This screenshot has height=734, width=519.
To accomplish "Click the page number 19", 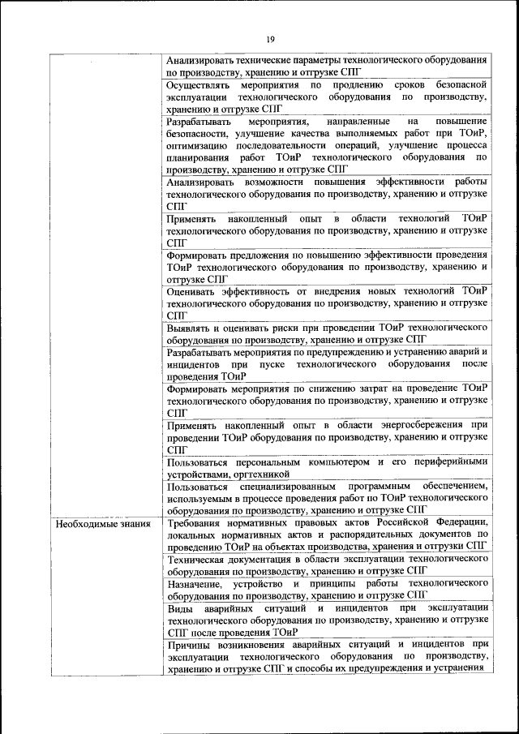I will [270, 38].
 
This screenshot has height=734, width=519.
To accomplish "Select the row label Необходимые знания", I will [103, 524].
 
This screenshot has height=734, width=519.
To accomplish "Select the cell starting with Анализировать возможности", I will [326, 195].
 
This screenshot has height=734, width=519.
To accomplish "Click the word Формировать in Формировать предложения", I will [199, 255].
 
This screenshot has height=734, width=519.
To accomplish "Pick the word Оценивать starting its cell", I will [193, 290].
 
